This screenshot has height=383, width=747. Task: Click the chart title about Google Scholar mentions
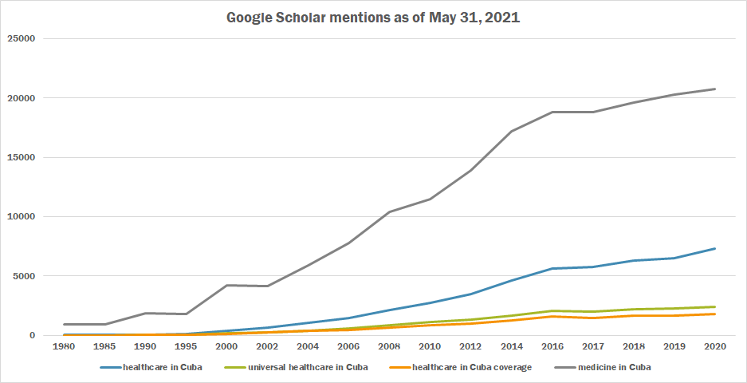pyautogui.click(x=373, y=17)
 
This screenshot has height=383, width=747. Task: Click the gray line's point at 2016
pyautogui.click(x=552, y=113)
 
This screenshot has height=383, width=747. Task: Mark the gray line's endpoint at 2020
pyautogui.click(x=714, y=89)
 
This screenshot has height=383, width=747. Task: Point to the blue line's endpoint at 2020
pyautogui.click(x=714, y=248)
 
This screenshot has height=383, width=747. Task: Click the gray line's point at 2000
pyautogui.click(x=227, y=285)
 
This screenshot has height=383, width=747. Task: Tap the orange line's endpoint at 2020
pyautogui.click(x=714, y=314)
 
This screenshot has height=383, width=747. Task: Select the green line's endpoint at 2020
pyautogui.click(x=714, y=306)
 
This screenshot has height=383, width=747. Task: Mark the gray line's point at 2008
pyautogui.click(x=390, y=211)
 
